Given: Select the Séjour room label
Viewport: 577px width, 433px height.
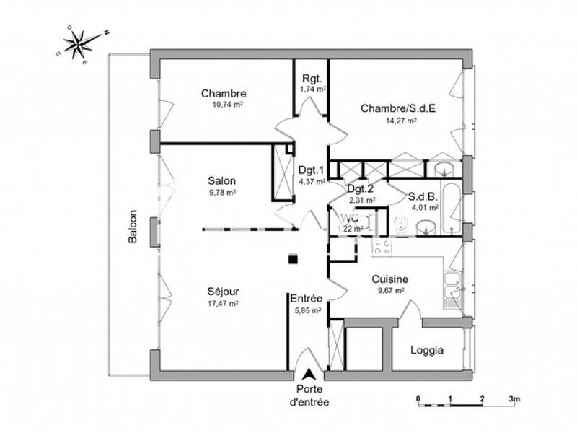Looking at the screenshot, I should click(x=223, y=292).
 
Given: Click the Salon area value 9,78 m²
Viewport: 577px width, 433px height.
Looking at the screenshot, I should click(x=223, y=192).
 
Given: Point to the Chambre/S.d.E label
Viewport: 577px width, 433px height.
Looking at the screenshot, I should click(x=398, y=109).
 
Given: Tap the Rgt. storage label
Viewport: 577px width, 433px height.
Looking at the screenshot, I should click(x=312, y=79).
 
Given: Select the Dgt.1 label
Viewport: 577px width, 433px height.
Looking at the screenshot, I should click(x=312, y=170).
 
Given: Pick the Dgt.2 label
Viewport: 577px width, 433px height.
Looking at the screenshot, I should click(x=361, y=189).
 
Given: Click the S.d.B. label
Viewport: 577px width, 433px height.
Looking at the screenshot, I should click(x=422, y=196).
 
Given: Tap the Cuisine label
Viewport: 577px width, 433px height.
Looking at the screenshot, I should click(x=390, y=279).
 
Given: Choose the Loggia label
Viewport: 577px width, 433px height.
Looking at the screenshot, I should click(x=427, y=351).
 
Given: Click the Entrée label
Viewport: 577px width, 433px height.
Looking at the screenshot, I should click(x=307, y=298).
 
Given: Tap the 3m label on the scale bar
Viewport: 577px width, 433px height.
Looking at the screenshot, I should click(x=514, y=398).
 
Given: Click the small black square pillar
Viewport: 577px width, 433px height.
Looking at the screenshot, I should click(x=292, y=258).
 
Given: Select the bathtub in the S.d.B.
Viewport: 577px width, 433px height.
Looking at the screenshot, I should click(x=452, y=209).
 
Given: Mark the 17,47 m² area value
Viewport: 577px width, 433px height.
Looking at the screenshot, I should click(x=223, y=304).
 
